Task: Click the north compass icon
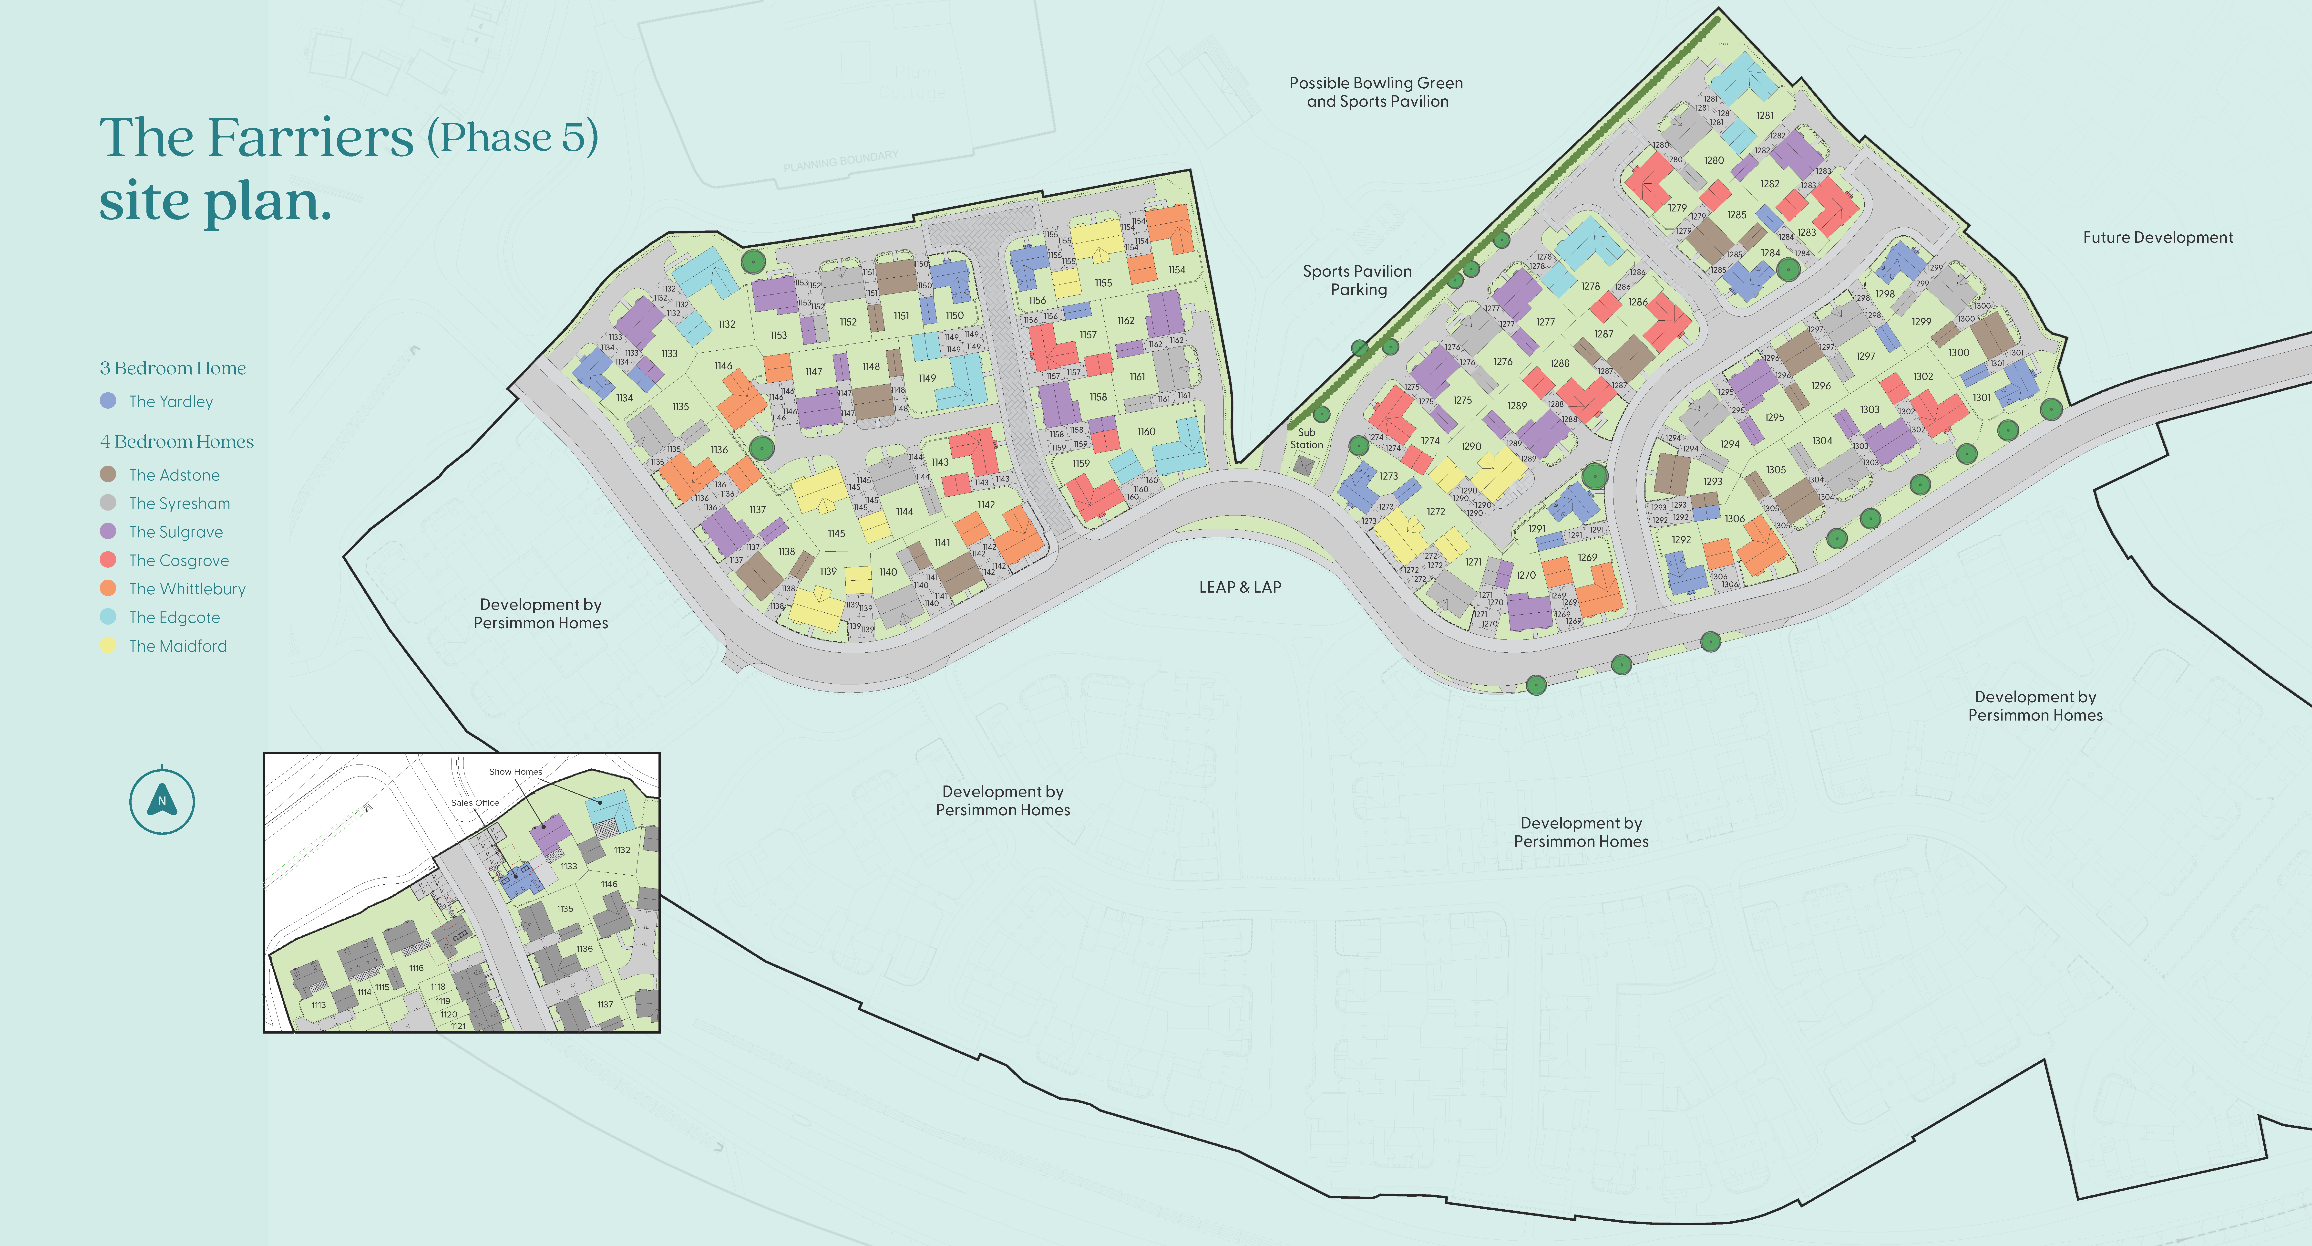(162, 801)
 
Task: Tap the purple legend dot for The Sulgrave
(108, 531)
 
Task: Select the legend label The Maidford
(178, 646)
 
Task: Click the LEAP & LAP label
(1239, 587)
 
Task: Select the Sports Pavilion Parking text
(1357, 280)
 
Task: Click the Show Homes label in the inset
(515, 772)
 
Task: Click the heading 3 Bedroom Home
(172, 368)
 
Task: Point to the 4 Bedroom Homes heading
(177, 442)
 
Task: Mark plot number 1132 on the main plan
(727, 324)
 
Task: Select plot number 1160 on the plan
(1146, 432)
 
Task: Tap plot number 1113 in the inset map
(319, 1005)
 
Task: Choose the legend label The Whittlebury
(187, 589)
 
